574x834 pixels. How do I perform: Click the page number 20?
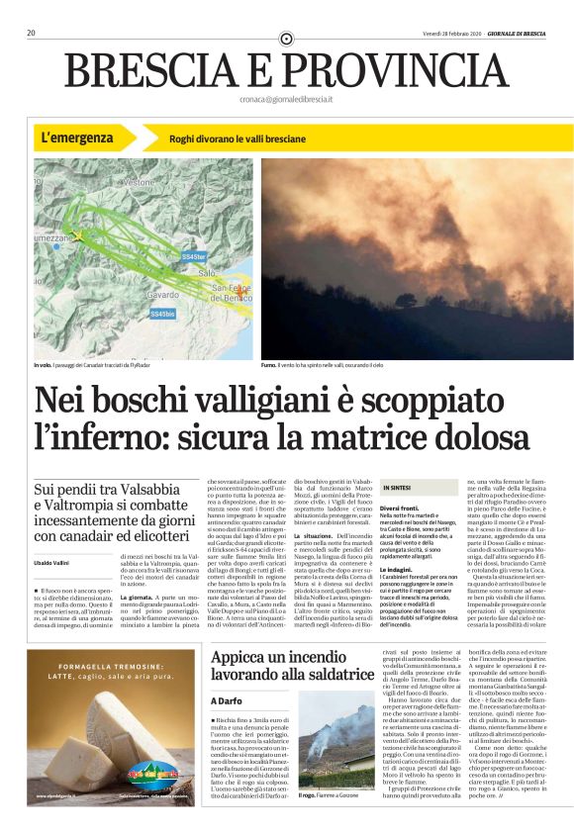32,33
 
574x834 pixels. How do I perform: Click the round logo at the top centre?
287,39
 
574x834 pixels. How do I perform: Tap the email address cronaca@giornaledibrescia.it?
287,100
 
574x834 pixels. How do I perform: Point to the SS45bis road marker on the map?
162,314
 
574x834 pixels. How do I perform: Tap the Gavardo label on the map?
163,295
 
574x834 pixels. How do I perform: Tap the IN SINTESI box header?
397,489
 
